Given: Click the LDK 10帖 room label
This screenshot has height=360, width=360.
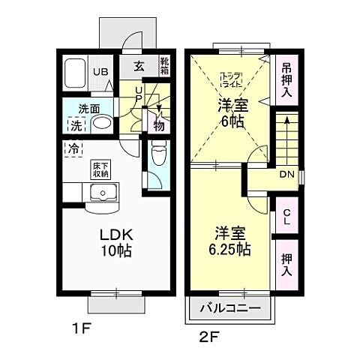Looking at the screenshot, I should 116,241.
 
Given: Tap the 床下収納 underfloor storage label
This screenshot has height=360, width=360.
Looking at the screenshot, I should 99,169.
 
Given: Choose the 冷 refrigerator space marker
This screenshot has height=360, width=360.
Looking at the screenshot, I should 74,148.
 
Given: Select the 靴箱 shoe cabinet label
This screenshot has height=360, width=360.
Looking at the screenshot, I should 165,67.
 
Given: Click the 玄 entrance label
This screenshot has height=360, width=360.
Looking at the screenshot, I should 139,67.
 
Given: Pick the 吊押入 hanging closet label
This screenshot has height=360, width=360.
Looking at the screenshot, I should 286,79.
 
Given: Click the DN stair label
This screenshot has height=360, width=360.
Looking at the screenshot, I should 286,175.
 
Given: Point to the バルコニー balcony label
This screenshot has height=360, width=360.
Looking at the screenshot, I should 231,308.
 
